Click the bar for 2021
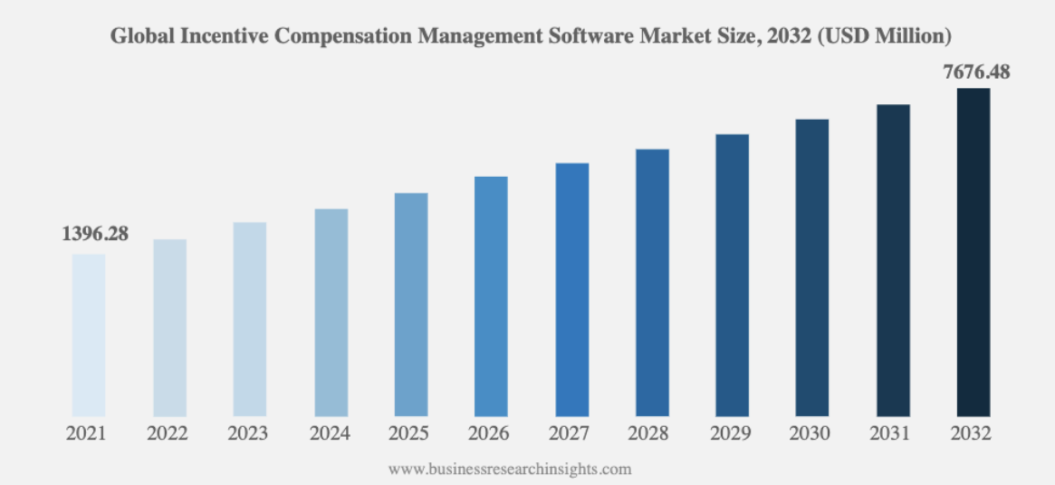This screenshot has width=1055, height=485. point(88,335)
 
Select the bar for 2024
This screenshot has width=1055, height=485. point(331,313)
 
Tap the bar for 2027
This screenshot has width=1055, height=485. point(572,290)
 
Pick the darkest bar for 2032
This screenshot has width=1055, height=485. point(973,252)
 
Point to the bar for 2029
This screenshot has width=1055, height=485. point(733,275)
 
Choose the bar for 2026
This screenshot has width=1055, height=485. point(491,296)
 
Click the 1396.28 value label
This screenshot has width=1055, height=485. point(95,235)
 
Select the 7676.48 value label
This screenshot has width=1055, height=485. point(976,72)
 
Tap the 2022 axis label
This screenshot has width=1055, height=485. point(168,434)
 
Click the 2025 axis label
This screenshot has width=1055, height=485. point(408,434)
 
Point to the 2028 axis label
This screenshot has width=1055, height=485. point(649,434)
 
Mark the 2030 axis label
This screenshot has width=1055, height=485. point(810,434)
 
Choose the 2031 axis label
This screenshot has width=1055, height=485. point(891,434)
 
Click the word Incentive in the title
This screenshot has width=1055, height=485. point(228,36)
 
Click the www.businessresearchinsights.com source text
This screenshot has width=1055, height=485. point(510,468)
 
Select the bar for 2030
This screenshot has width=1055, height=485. point(812,267)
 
